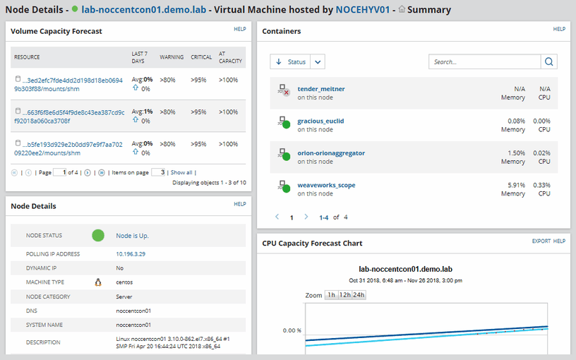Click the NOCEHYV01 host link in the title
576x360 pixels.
click(x=361, y=11)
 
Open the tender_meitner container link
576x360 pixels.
click(x=321, y=89)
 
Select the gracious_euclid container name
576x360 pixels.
click(x=320, y=121)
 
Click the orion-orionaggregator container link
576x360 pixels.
click(x=331, y=153)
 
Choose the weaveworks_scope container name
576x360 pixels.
click(x=326, y=185)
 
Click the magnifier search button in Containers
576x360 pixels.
click(x=549, y=62)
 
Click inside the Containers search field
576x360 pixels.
click(x=484, y=62)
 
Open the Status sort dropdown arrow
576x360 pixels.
click(x=318, y=62)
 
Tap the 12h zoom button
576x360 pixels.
click(x=345, y=295)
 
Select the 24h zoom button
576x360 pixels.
click(x=359, y=295)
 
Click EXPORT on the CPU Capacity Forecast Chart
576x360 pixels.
click(x=541, y=241)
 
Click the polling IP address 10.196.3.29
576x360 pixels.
click(x=131, y=254)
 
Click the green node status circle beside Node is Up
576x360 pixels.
click(x=98, y=235)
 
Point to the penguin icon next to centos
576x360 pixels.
click(x=98, y=282)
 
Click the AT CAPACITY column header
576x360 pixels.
click(x=230, y=57)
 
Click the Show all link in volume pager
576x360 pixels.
click(x=181, y=172)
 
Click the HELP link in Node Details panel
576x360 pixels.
click(x=240, y=204)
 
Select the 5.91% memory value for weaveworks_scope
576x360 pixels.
click(x=515, y=185)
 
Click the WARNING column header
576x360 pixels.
click(x=172, y=57)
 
